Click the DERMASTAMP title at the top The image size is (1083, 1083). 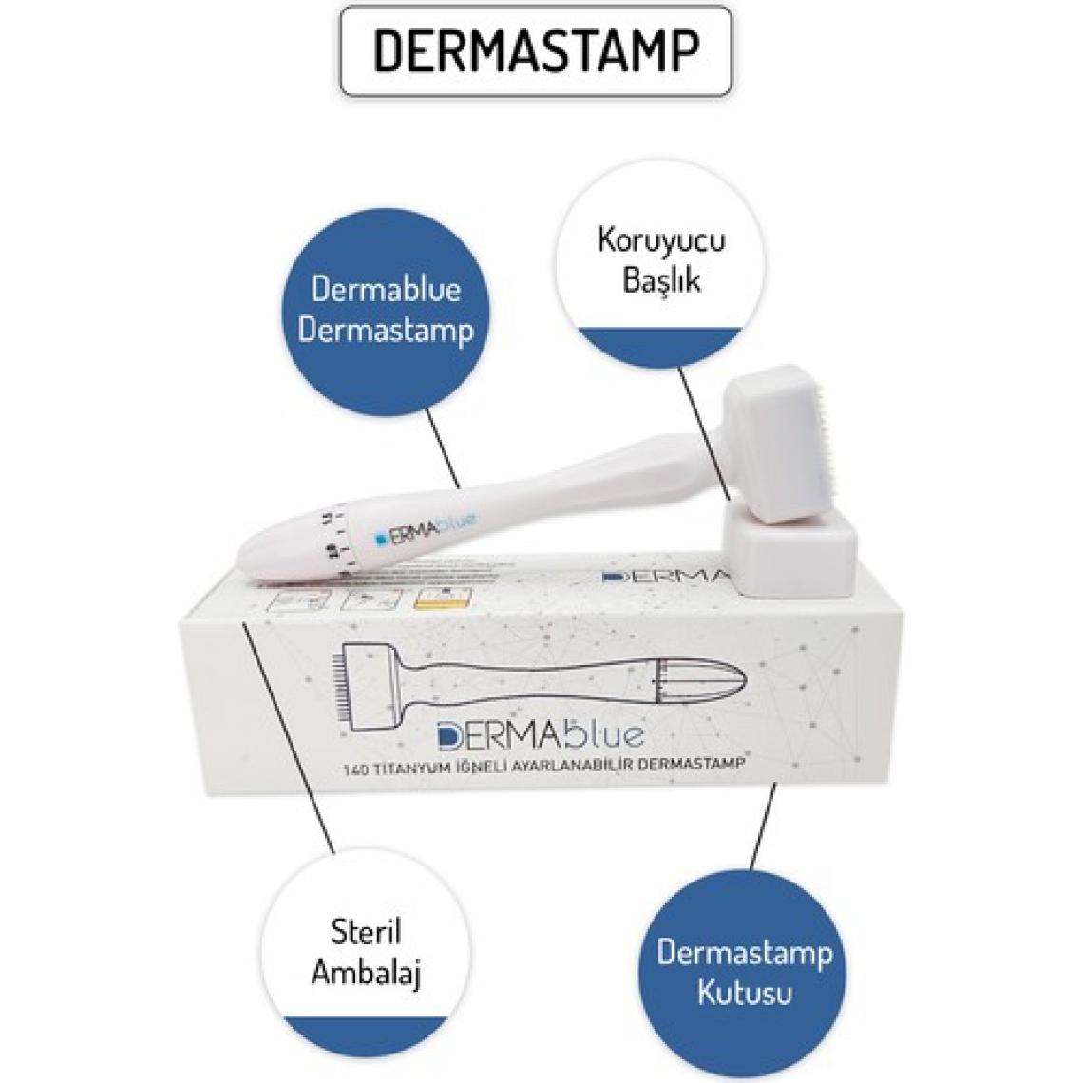click(536, 50)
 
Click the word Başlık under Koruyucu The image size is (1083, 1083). click(661, 281)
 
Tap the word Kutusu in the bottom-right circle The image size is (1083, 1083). click(744, 993)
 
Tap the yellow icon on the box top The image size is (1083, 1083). click(433, 599)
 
